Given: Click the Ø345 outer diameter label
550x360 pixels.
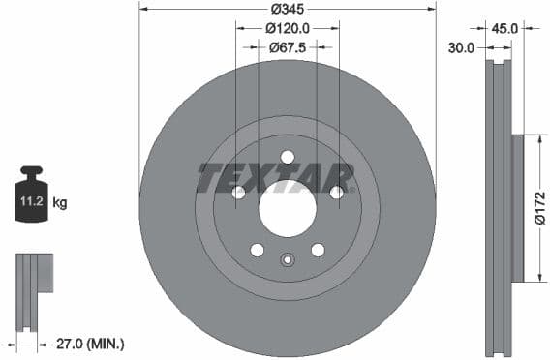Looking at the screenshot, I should click(x=288, y=8).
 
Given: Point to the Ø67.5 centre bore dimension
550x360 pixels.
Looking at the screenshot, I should click(x=288, y=46).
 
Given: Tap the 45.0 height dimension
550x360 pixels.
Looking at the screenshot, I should click(x=506, y=29).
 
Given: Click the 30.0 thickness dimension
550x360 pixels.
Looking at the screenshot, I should click(x=461, y=46).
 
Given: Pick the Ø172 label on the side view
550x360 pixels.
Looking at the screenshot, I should click(x=538, y=209).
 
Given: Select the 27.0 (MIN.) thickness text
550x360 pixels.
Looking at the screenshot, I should click(x=92, y=344).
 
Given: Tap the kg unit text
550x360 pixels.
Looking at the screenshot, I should click(x=59, y=203).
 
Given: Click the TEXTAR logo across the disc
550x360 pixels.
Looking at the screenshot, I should click(x=276, y=178).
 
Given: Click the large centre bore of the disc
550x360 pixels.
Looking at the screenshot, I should click(x=288, y=208).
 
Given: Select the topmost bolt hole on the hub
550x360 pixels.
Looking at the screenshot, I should click(x=288, y=157).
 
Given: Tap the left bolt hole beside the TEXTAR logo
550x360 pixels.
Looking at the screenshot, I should click(x=238, y=193).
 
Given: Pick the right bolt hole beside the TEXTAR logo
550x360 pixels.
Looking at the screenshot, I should click(x=336, y=193).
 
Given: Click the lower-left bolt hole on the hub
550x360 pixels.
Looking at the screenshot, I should click(x=257, y=250).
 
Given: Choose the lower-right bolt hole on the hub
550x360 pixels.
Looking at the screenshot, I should click(x=318, y=250).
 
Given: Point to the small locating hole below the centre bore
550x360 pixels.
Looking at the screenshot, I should click(x=287, y=259).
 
